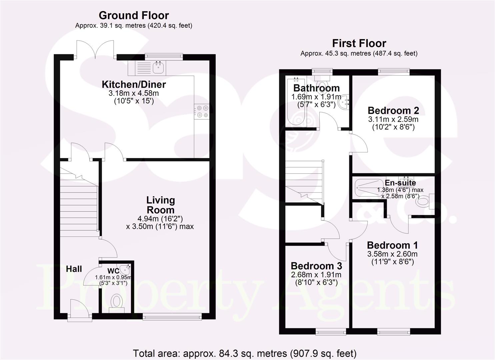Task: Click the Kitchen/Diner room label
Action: click(134, 84)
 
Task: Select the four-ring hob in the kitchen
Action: click(201, 111)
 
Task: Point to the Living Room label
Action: click(160, 205)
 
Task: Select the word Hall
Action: click(74, 269)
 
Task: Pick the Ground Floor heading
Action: click(134, 15)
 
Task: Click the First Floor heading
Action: click(359, 43)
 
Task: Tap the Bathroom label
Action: click(316, 88)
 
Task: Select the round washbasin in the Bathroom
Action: click(344, 101)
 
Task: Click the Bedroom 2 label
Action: click(393, 110)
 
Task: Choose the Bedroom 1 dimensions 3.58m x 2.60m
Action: click(392, 254)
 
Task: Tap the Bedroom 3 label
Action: click(316, 266)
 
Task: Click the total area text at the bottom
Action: click(245, 353)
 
